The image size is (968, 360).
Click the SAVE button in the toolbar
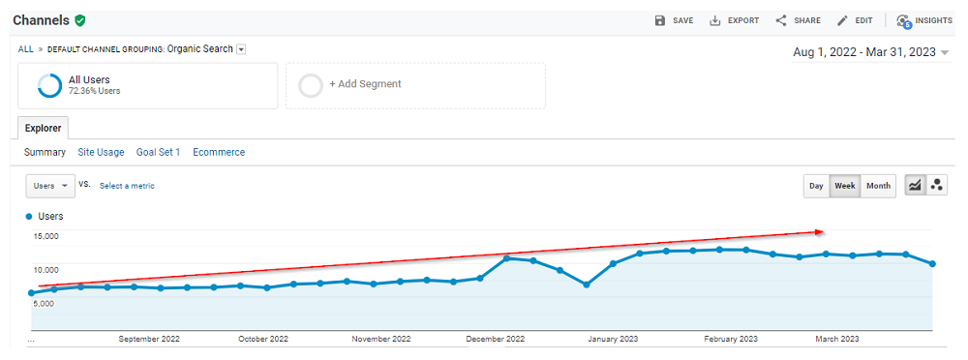(674, 20)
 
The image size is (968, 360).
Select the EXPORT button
(734, 20)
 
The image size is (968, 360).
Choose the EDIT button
(855, 20)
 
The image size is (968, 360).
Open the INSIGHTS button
(924, 20)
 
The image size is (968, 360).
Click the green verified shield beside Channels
(79, 20)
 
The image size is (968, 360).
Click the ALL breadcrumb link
(26, 49)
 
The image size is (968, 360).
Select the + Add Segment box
(414, 85)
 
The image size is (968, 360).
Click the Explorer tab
(43, 128)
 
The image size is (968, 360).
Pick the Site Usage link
(101, 152)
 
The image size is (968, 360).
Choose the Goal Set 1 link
(158, 152)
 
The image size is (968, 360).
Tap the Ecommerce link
(219, 152)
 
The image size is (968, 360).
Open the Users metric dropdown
(50, 186)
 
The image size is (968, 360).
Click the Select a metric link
(127, 186)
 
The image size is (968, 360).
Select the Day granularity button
(816, 186)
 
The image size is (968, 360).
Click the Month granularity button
(878, 186)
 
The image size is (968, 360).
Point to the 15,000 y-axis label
(45, 236)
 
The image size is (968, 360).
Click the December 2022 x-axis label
(495, 339)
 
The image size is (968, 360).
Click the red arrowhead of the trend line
(818, 231)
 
